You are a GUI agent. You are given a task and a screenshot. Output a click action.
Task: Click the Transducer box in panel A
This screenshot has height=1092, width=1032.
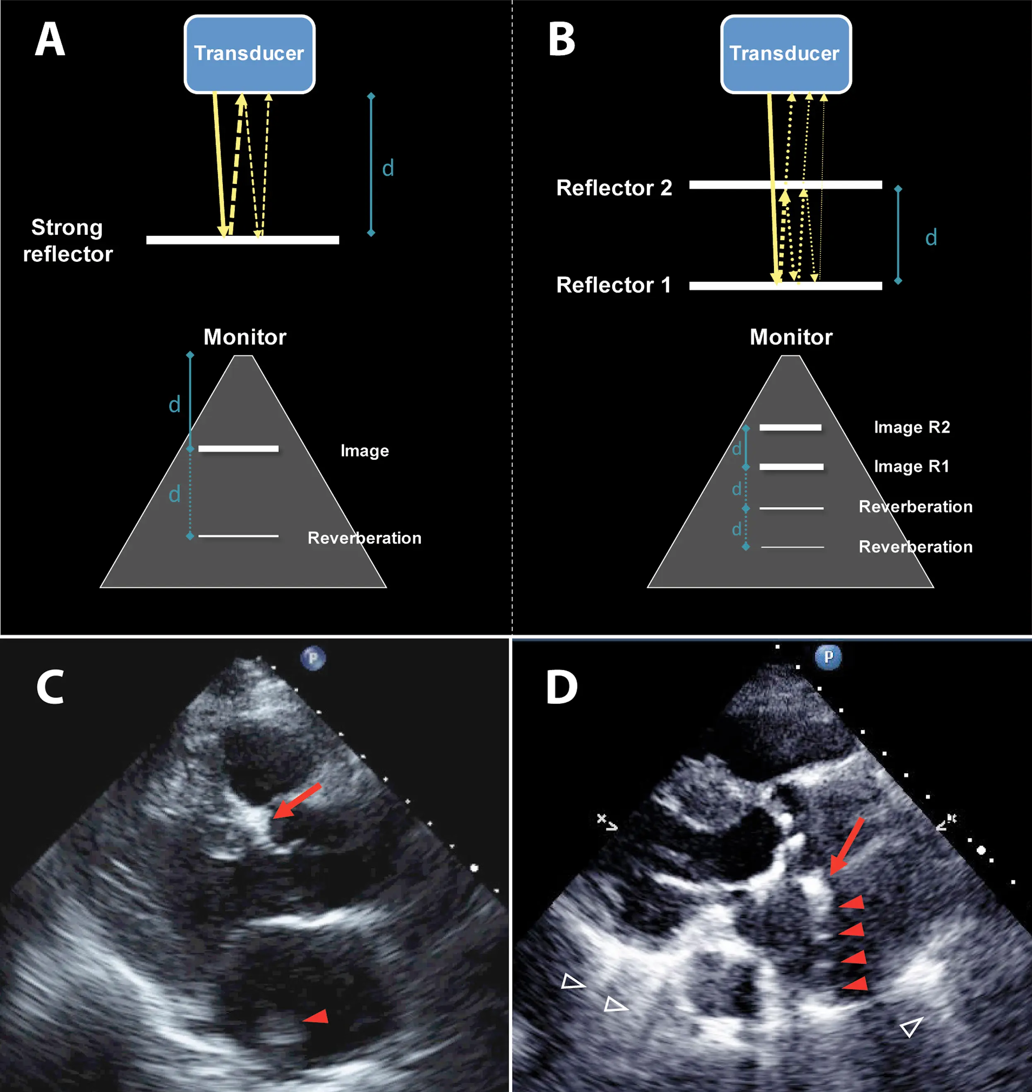[249, 54]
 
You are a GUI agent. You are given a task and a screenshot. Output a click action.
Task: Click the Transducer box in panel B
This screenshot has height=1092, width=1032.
[785, 54]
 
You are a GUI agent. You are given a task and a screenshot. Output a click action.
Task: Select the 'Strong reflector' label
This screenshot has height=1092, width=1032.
[67, 240]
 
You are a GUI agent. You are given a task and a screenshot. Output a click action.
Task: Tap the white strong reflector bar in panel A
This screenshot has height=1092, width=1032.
[243, 240]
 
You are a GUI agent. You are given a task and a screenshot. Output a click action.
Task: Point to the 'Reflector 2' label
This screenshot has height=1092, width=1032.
[614, 188]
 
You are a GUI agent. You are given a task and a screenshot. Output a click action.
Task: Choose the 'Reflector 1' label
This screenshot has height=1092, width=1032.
[614, 285]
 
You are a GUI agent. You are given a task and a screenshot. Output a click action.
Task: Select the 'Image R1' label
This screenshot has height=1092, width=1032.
[911, 466]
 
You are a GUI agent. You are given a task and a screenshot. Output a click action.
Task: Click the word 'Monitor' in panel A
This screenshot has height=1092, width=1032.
[245, 337]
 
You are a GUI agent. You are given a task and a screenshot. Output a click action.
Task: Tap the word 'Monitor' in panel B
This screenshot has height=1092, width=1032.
[790, 337]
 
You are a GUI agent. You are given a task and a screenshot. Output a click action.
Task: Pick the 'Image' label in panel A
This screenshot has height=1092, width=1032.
[364, 451]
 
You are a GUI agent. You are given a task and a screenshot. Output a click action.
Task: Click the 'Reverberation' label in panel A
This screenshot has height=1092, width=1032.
[364, 538]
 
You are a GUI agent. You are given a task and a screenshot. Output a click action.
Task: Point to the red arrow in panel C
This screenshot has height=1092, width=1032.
[297, 801]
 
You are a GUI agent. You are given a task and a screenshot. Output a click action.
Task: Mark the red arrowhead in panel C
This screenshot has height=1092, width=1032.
[317, 1017]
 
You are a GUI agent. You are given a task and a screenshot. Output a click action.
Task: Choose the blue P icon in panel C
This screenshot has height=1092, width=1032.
[313, 658]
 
